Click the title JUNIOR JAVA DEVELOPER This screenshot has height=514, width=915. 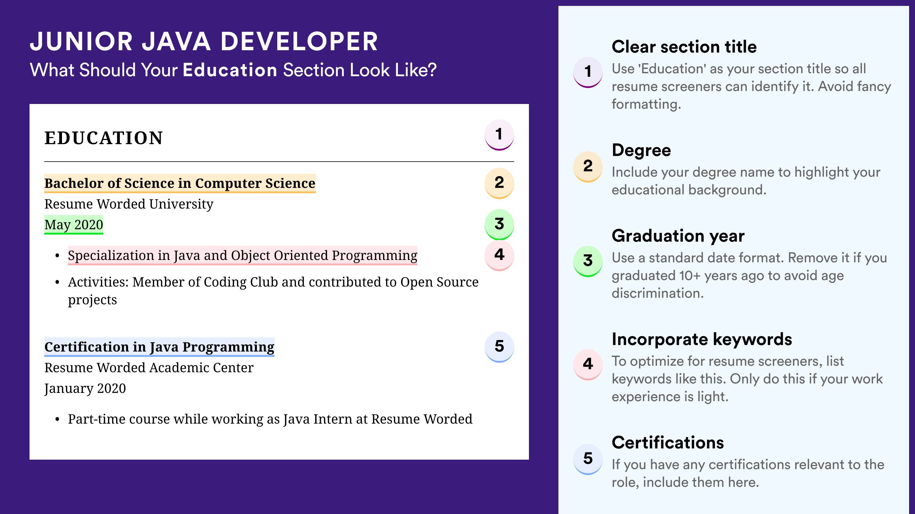click(x=204, y=41)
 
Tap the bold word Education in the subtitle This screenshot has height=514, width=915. click(x=230, y=70)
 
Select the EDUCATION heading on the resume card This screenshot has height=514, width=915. click(x=103, y=138)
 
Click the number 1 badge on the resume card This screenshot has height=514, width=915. click(x=499, y=135)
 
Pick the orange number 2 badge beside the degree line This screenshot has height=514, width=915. click(x=499, y=183)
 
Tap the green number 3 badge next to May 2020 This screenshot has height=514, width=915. click(x=499, y=224)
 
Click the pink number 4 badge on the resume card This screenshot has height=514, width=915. click(x=499, y=255)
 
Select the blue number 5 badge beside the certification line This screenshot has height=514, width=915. click(x=499, y=347)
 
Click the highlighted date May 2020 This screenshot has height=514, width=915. click(x=73, y=225)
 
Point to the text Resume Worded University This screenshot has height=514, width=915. click(x=129, y=204)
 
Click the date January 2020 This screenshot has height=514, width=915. click(x=85, y=388)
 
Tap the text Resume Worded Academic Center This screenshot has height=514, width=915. click(x=149, y=367)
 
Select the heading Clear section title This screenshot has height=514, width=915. click(x=684, y=47)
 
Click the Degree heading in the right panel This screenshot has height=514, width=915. click(x=641, y=150)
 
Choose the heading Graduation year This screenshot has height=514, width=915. click(x=678, y=236)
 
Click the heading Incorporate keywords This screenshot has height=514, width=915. click(x=702, y=339)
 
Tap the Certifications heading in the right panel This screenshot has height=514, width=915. click(x=668, y=443)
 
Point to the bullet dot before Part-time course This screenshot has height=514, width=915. click(x=57, y=419)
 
